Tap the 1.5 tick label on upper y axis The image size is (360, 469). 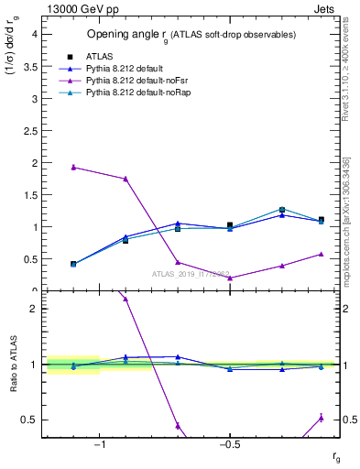[29, 194]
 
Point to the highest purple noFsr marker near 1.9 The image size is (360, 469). [73, 167]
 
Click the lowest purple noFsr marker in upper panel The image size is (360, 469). [230, 278]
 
